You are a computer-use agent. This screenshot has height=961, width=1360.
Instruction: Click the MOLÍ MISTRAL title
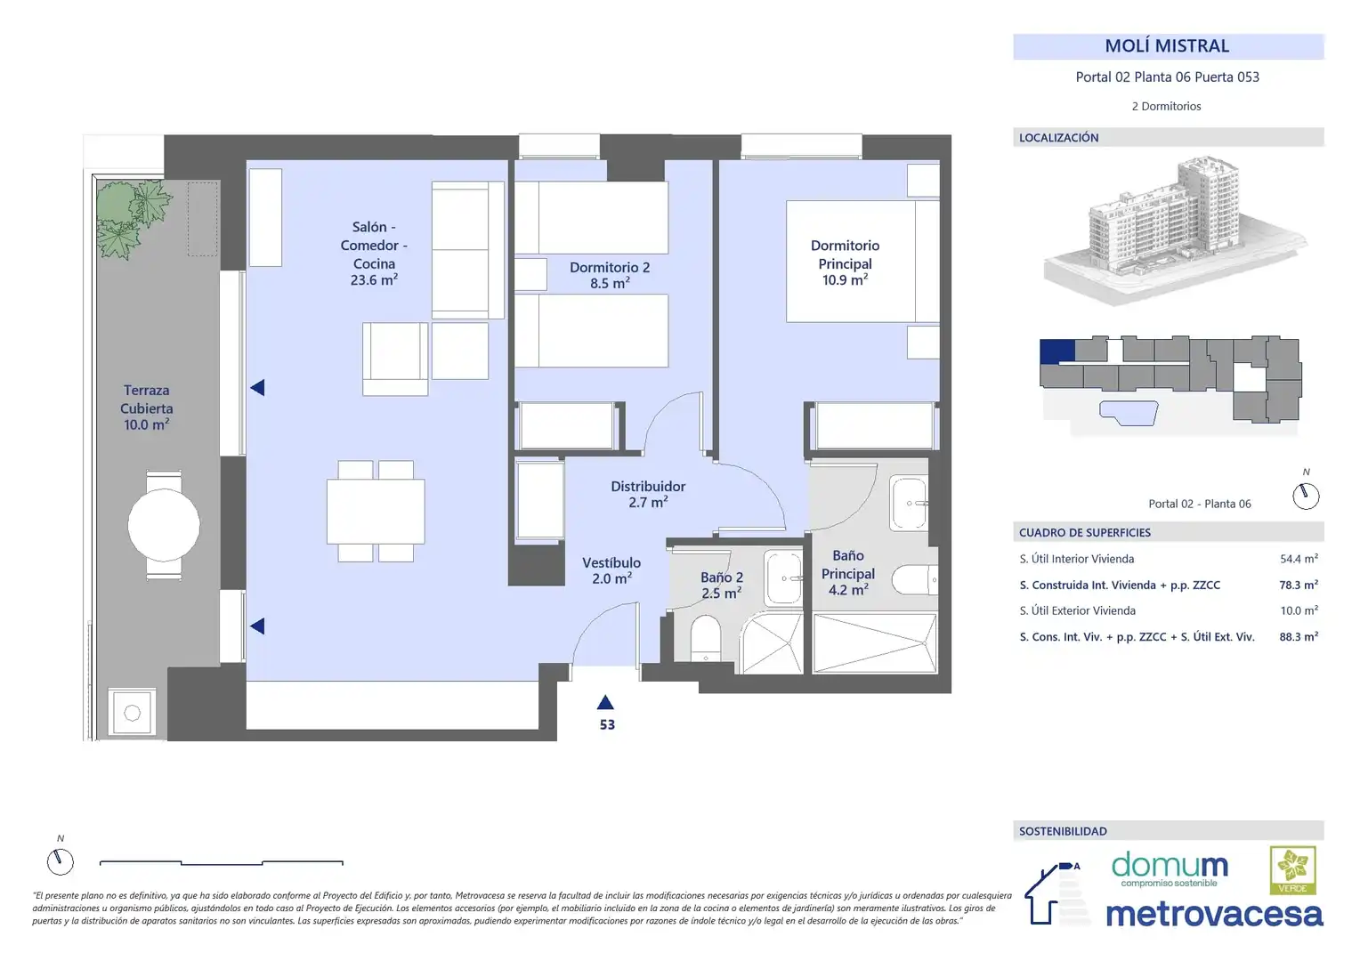point(1166,46)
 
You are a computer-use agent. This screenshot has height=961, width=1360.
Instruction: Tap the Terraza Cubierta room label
point(146,408)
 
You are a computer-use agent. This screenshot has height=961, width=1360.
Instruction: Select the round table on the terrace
point(163,525)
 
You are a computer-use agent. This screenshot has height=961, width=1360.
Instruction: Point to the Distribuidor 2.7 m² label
point(648,494)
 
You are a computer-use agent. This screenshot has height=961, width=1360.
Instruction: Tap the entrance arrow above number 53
point(604,702)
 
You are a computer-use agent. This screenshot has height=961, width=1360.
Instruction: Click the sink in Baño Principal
point(909,504)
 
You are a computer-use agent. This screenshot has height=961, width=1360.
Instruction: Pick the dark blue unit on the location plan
point(1057,351)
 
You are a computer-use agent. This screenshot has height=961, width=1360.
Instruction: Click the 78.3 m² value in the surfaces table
point(1299,585)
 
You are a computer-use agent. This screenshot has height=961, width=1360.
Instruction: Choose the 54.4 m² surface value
point(1299,559)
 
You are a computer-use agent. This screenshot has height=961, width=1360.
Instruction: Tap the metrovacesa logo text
point(1214,914)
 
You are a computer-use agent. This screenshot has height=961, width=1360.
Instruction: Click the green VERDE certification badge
point(1292,870)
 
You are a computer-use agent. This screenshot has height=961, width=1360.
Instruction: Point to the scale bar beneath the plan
point(221,862)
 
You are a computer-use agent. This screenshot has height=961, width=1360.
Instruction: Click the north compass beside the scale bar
point(61,861)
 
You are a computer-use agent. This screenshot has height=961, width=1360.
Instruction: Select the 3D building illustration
point(1175,230)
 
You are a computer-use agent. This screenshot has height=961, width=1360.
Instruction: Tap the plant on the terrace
point(133,218)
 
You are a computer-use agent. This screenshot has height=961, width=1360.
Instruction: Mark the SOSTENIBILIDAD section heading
point(1063,831)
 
